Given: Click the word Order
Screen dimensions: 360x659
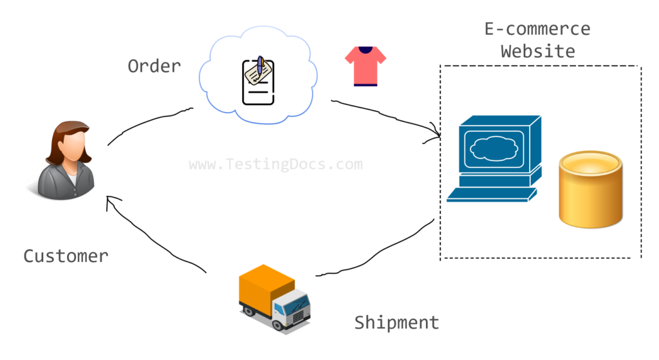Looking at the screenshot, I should click(x=154, y=66).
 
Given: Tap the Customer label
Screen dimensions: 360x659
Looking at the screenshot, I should click(x=66, y=256).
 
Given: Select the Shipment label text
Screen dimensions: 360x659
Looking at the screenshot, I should click(x=396, y=322).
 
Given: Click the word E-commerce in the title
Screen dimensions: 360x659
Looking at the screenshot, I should click(x=537, y=29).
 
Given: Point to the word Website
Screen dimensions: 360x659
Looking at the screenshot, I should click(x=537, y=51).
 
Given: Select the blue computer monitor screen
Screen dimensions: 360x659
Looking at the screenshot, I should click(x=494, y=151).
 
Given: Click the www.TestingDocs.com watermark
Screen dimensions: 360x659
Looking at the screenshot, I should click(x=275, y=164).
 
